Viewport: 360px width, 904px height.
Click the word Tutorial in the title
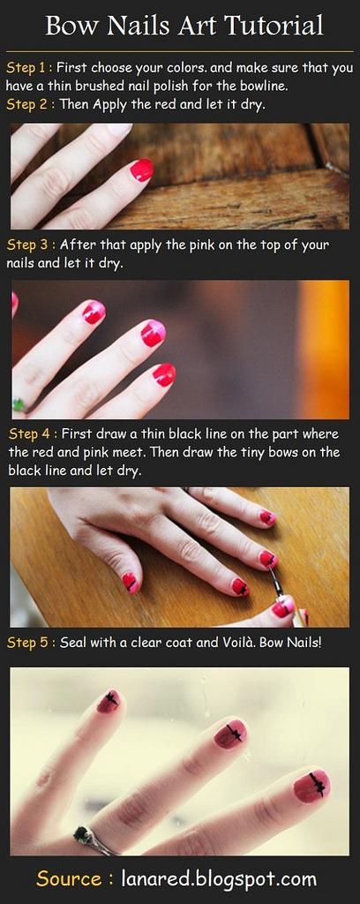274,26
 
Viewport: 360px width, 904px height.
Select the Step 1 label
29,68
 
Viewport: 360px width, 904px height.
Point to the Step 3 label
31,245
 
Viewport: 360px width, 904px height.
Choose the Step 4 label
32,433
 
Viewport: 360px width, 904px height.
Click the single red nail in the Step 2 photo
142,170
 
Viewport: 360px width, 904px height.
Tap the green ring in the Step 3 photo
19,404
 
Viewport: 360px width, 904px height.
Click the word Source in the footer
69,879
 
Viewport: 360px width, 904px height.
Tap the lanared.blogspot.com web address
219,879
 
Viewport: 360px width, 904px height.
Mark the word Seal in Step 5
72,643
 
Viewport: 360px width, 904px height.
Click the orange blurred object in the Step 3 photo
324,350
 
